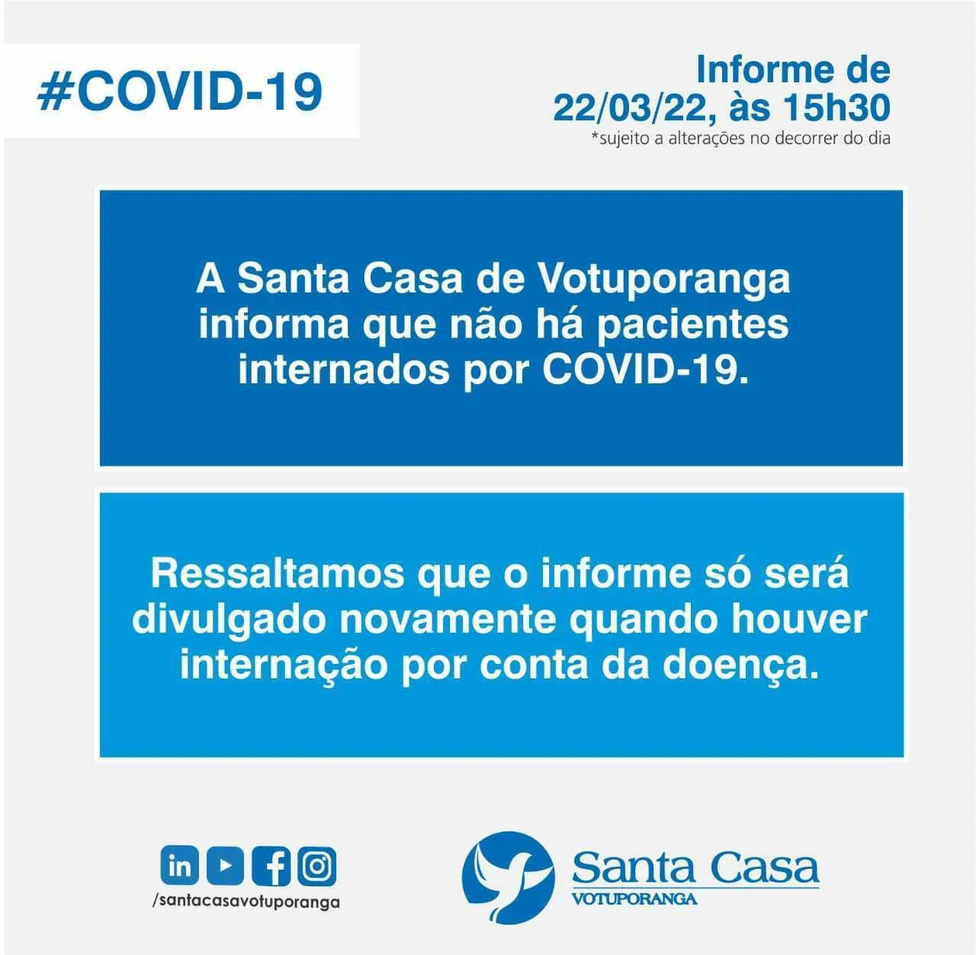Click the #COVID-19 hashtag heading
coord(180,91)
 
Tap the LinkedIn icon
coord(180,865)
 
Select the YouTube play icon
coord(225,865)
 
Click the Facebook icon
coord(271,865)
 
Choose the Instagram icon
coord(316,865)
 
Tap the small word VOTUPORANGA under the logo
coord(634,899)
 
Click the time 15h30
coord(836,107)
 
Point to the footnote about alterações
coord(740,138)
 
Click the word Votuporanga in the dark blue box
coord(663,279)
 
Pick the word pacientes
coord(692,325)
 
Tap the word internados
coord(344,370)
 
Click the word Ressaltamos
coord(278,574)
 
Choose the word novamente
coord(448,620)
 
